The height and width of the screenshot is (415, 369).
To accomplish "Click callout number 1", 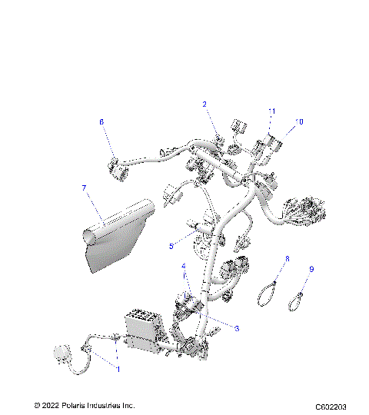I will click(118, 370).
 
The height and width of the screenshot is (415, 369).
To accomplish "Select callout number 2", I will click(204, 104).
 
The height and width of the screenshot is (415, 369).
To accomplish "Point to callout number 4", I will click(184, 266).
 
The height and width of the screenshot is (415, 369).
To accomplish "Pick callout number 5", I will click(172, 246).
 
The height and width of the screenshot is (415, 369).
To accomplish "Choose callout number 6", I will click(101, 121).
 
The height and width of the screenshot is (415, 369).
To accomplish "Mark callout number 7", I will click(84, 187).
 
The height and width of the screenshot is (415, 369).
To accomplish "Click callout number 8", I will click(287, 260).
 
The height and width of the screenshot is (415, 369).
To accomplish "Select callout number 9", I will click(311, 269).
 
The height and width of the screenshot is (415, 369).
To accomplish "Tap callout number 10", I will click(300, 121).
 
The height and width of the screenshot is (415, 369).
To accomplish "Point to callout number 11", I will click(271, 112).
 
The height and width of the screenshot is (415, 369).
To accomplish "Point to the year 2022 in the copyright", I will click(50, 404).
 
